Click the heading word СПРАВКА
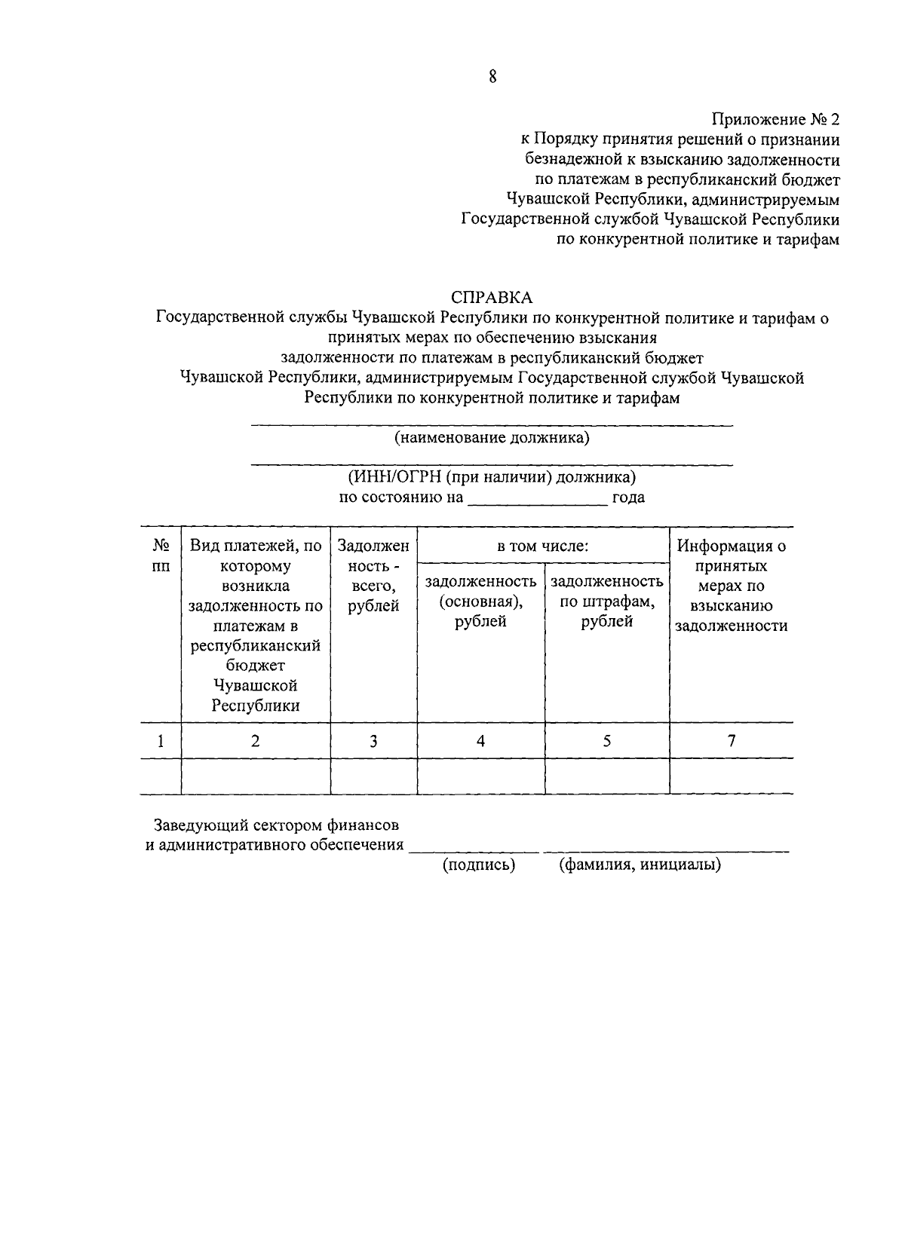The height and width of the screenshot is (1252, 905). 491,298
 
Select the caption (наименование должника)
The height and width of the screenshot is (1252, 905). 492,438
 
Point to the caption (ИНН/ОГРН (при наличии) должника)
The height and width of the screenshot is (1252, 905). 492,477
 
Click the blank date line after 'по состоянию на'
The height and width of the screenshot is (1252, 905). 537,497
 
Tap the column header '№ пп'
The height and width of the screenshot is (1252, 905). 161,555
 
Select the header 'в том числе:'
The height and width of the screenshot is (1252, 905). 542,546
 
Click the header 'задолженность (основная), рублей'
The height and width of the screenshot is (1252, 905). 480,601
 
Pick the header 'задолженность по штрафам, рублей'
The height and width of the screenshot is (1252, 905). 606,601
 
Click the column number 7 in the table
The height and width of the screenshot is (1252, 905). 731,740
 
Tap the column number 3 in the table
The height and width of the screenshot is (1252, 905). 373,741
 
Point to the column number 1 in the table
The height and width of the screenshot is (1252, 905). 161,741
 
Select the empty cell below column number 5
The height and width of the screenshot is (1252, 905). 606,776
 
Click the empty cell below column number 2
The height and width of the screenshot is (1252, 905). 256,776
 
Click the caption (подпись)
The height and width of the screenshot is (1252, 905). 478,865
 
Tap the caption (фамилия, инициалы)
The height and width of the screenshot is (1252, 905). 640,865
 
